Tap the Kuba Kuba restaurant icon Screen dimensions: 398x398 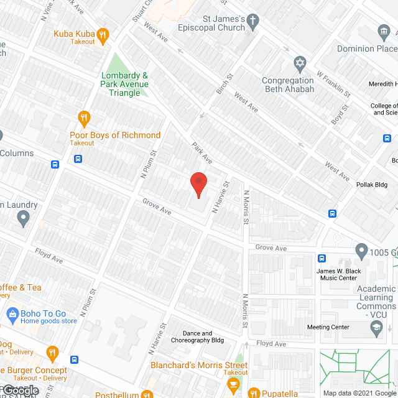click(103, 34)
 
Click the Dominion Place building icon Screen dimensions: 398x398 click(383, 31)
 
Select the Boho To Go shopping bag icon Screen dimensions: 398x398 click(11, 313)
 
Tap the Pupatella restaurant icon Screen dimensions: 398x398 click(253, 393)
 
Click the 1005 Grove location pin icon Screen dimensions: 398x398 click(361, 251)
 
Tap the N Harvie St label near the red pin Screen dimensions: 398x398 click(221, 197)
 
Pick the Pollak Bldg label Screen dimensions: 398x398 click(373, 184)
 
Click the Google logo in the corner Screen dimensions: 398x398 click(20, 391)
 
